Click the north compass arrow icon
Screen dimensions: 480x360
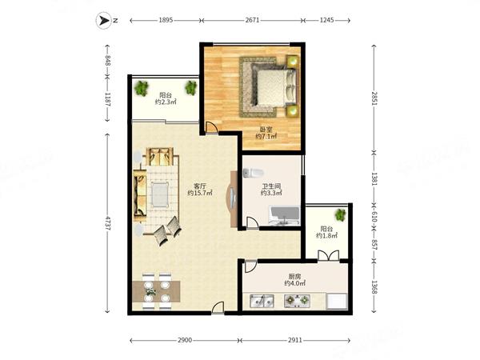[104, 21]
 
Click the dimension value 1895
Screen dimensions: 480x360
[166, 20]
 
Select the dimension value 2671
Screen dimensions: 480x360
[252, 20]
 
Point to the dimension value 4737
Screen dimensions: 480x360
[107, 223]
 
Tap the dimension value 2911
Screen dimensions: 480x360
[295, 340]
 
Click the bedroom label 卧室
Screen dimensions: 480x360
[266, 130]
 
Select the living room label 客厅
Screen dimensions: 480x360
[199, 186]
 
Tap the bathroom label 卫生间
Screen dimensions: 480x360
[271, 186]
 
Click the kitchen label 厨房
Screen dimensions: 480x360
[294, 277]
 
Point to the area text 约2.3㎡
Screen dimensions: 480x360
[166, 102]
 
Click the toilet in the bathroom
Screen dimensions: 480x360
[253, 173]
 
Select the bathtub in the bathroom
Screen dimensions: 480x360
[284, 216]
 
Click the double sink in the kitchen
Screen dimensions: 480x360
[262, 302]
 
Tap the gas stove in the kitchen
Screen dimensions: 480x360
[297, 301]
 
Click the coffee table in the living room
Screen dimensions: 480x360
[160, 194]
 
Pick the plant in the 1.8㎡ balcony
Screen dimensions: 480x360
[341, 215]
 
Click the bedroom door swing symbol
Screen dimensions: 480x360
[210, 127]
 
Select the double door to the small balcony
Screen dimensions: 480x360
[329, 256]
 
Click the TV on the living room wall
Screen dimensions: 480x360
[232, 199]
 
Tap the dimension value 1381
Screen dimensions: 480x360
[374, 178]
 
